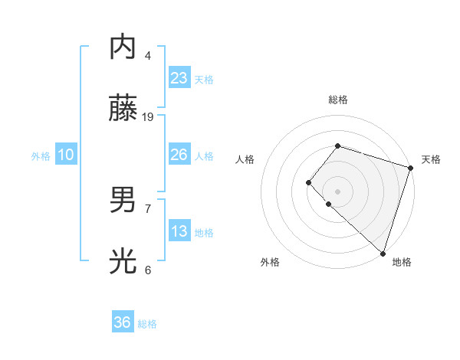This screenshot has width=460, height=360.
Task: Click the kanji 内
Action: (123, 47)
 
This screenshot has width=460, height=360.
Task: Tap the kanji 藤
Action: (123, 109)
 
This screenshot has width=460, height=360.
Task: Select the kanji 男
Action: (123, 201)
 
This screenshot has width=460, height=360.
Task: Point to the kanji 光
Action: (123, 262)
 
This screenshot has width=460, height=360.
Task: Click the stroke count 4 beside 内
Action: (148, 55)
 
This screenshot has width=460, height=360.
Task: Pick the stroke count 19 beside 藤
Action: (148, 116)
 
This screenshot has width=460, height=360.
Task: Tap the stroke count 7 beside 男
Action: (148, 208)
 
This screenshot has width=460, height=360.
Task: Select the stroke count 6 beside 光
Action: (148, 270)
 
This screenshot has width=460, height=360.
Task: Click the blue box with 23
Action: (179, 78)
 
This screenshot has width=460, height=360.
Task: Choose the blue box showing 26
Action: (179, 155)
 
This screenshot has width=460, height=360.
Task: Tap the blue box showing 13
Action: (179, 231)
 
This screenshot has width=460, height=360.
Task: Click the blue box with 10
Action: (66, 155)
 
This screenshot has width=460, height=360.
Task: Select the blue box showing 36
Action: (123, 322)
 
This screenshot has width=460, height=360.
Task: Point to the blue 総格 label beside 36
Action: (147, 324)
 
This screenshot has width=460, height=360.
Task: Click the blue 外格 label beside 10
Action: (41, 156)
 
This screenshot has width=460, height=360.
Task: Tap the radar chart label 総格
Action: (337, 100)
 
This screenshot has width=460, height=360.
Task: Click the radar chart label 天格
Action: (431, 159)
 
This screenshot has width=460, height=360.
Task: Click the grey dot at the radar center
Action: (337, 191)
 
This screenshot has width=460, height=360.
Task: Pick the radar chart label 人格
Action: (245, 159)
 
